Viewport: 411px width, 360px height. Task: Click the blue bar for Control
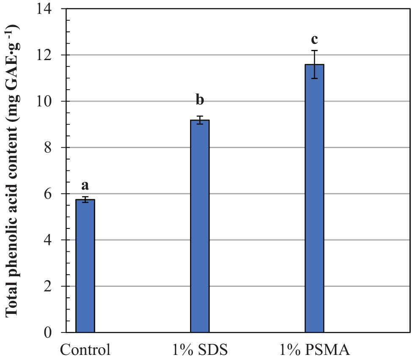pos(85,267)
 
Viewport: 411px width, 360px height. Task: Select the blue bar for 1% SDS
pos(200,226)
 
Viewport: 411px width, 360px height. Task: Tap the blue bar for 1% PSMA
pos(314,199)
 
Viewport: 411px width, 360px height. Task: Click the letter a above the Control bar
pos(85,185)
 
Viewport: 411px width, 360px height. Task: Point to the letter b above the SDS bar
pos(200,100)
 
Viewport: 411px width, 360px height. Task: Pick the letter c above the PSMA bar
pos(314,39)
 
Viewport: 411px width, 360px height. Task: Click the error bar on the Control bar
pos(85,200)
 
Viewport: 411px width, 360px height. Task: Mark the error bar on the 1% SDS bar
pos(200,120)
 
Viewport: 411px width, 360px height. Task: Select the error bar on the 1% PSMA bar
pos(314,64)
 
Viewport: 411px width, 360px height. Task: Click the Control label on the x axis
pos(85,350)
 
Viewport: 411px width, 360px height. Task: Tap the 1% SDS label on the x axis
pos(200,350)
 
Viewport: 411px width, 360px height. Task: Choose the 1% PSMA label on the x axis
pos(314,350)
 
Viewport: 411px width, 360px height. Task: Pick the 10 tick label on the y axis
pos(49,102)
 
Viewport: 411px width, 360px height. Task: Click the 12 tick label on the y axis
pos(49,55)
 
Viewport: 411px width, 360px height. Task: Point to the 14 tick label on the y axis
pos(49,9)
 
